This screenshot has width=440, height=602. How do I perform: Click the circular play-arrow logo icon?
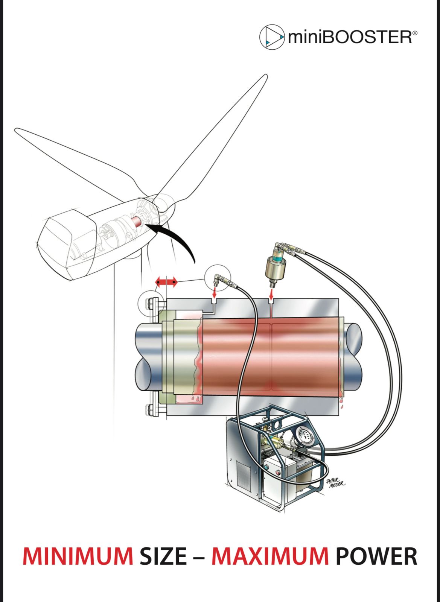(x=272, y=37)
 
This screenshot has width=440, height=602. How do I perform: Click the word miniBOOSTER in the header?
(x=350, y=37)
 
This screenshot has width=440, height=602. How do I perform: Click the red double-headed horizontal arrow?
(x=166, y=282)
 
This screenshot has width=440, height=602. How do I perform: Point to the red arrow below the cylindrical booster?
(x=271, y=295)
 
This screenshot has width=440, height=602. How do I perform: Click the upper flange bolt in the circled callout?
(x=149, y=304)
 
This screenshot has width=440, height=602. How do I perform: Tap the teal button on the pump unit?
(x=266, y=467)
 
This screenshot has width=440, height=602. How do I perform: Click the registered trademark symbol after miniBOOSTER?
(x=415, y=33)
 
